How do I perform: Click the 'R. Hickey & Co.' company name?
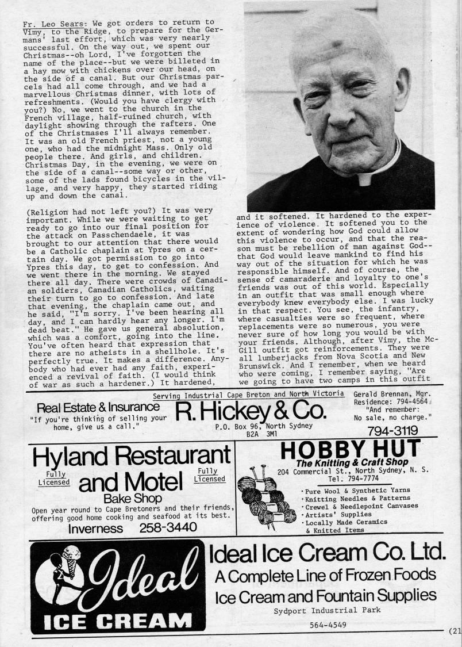[x=251, y=411]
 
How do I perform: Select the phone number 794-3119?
[x=392, y=430]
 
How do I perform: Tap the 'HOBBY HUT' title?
[x=350, y=449]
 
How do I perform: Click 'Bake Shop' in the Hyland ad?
[x=133, y=498]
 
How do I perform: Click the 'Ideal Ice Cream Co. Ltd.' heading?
[x=327, y=553]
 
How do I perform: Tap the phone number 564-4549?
[x=327, y=625]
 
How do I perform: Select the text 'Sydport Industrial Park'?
[x=327, y=610]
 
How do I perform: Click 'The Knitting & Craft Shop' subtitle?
[x=352, y=462]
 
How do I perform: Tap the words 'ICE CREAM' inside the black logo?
[x=119, y=621]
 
